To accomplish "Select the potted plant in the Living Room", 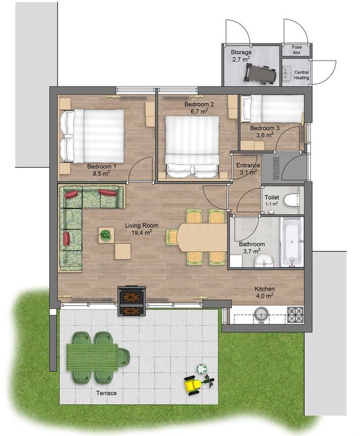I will click(x=105, y=235).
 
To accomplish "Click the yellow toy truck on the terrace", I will click(x=193, y=385).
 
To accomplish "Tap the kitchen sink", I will click(x=261, y=314).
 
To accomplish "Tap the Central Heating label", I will click(x=301, y=75).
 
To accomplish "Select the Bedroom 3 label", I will click(x=265, y=128).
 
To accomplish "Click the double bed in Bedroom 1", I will click(x=92, y=135).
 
